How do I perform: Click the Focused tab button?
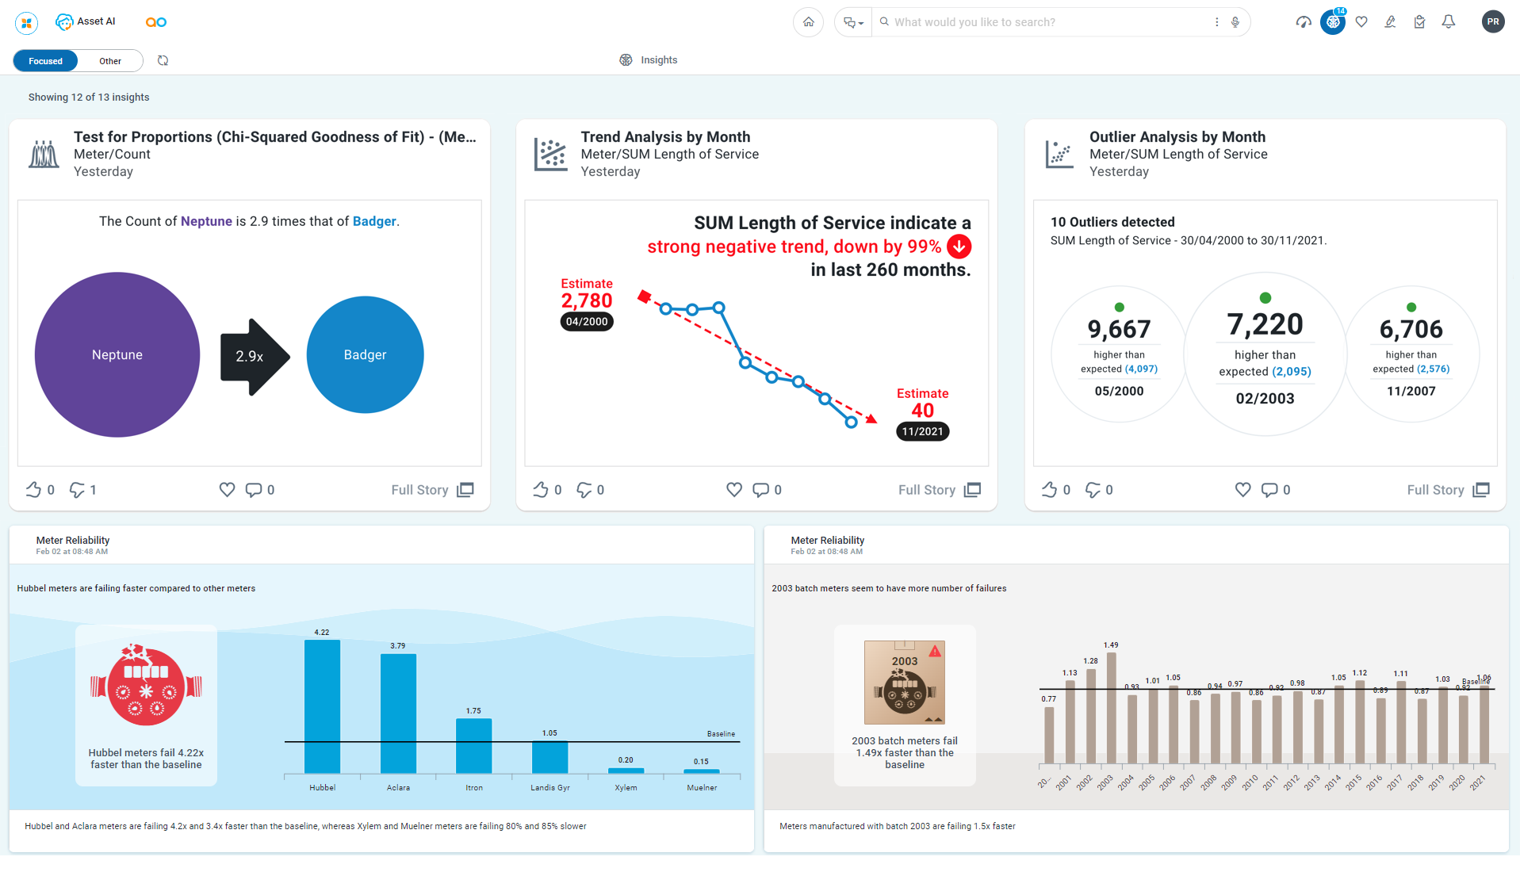click(x=45, y=61)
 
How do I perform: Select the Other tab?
click(x=110, y=61)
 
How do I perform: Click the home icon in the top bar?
click(x=808, y=22)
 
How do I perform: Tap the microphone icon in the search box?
click(x=1235, y=22)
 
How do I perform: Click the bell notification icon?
click(x=1448, y=22)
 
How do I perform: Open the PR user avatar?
click(x=1492, y=22)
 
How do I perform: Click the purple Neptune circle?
click(x=117, y=354)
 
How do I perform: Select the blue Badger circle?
click(x=365, y=354)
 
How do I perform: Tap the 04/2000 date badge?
click(x=587, y=322)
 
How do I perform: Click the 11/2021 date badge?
click(x=922, y=432)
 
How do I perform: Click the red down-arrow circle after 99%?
click(x=959, y=247)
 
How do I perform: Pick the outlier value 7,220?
click(x=1265, y=325)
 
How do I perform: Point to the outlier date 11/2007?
click(x=1411, y=391)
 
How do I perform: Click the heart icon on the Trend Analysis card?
click(x=733, y=490)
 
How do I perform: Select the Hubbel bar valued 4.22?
click(x=322, y=706)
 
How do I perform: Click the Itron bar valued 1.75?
click(x=473, y=745)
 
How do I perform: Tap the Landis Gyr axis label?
click(x=549, y=788)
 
